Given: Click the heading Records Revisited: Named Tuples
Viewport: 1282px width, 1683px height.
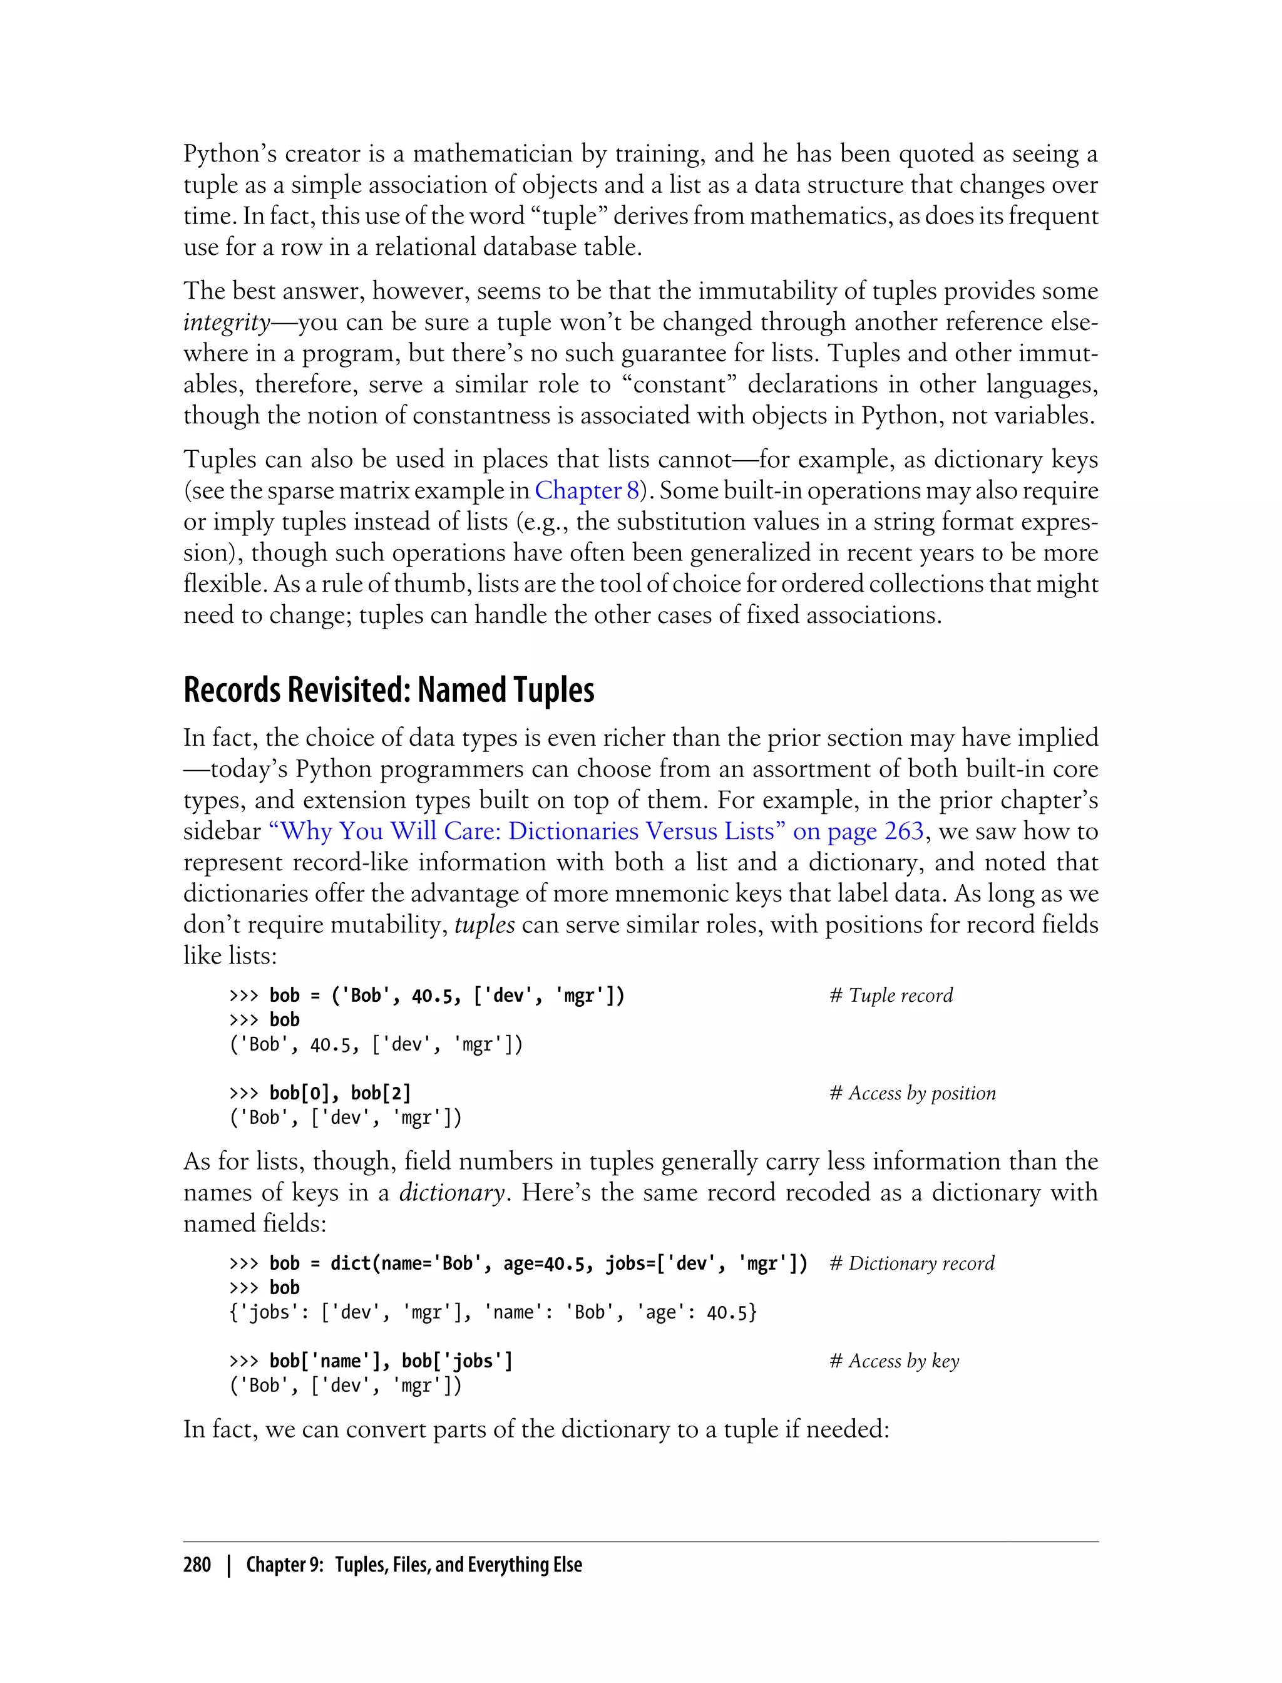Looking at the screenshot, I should coord(388,690).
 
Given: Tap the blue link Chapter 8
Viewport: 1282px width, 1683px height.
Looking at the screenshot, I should coord(587,490).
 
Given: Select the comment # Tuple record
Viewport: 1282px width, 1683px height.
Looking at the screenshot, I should coord(891,996).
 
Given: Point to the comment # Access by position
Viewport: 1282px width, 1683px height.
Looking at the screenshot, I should coord(913,1093).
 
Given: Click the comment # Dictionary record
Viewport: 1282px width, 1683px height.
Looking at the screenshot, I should coord(912,1264).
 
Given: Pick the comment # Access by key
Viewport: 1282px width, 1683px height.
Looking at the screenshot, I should coord(895,1361).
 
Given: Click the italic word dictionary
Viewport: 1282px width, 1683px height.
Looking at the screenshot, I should coord(452,1193).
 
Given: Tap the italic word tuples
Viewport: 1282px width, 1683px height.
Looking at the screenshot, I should coord(485,925).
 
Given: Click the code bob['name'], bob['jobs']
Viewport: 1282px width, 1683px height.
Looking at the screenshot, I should coord(391,1361).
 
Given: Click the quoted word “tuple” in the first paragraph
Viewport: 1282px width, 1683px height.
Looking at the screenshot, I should coord(568,217).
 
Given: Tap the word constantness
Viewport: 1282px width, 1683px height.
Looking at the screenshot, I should coord(506,416).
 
